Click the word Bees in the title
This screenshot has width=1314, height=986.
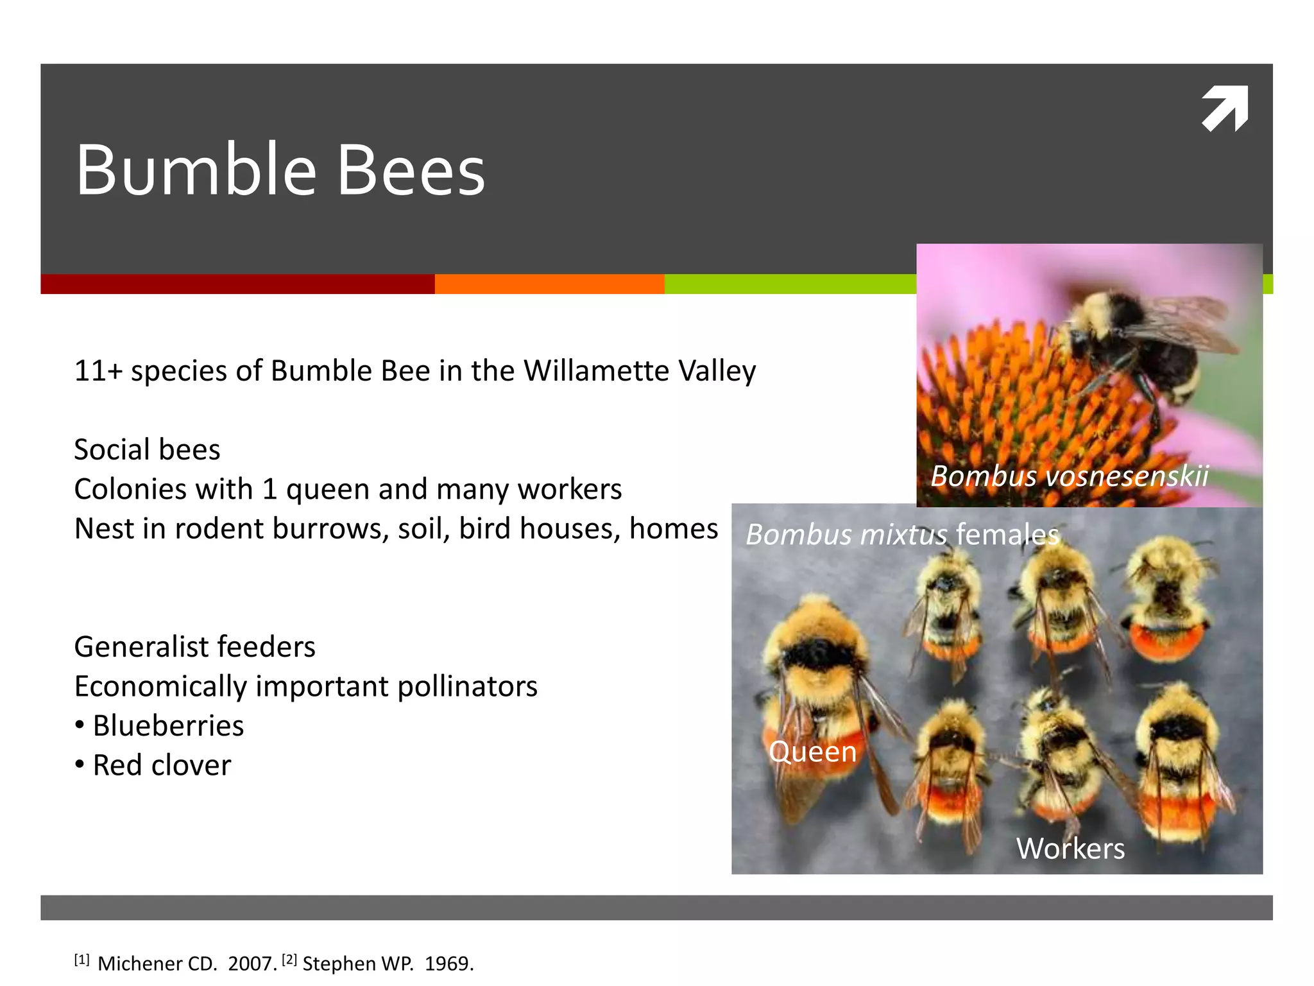tap(411, 170)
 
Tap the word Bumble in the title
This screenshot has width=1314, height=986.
tap(196, 170)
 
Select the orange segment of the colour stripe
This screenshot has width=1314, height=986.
tap(549, 284)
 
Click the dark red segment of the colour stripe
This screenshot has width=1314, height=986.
tap(237, 284)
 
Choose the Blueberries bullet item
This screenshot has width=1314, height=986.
tap(168, 726)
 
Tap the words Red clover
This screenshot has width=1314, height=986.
tap(162, 765)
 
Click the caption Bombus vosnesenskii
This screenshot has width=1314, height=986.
tap(1070, 476)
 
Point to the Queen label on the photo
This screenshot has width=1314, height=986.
tap(812, 752)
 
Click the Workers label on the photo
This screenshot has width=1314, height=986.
tap(1070, 849)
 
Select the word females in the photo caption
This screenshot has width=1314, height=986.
tap(1007, 534)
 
